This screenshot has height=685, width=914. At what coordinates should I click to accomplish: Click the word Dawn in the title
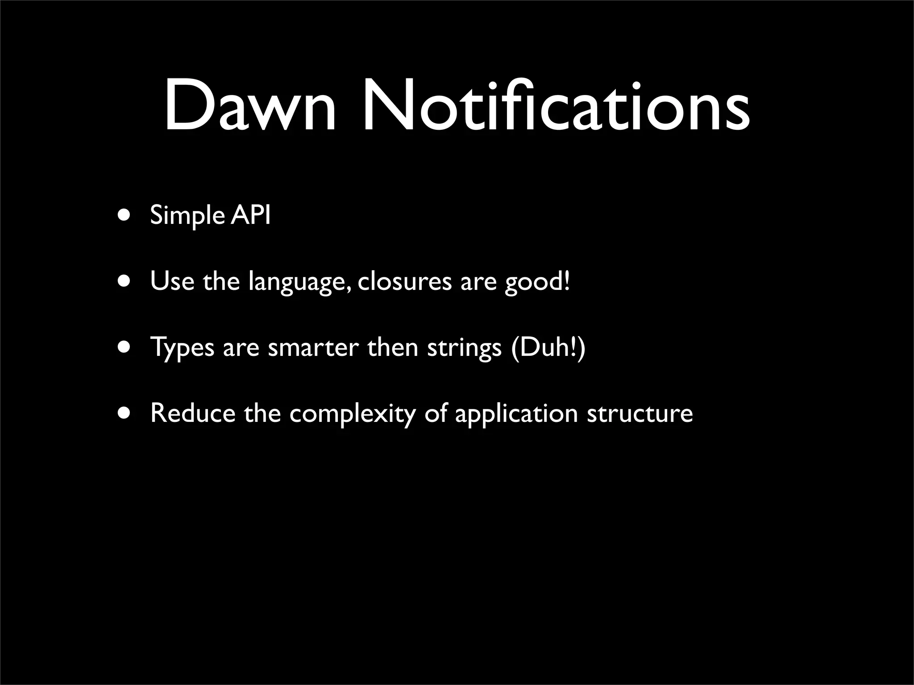click(249, 107)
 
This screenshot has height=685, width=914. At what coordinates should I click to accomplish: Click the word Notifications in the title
click(555, 107)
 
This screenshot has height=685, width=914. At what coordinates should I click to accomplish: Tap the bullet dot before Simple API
click(125, 215)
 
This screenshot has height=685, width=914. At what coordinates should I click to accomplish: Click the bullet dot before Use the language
click(125, 281)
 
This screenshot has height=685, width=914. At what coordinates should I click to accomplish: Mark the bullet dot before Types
click(125, 347)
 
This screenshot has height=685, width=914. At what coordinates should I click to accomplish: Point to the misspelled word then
click(393, 347)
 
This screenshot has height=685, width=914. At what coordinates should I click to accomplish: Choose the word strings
click(465, 348)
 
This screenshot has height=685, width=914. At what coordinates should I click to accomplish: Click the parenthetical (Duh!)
click(548, 347)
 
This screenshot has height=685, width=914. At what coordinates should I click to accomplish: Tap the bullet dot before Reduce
click(125, 413)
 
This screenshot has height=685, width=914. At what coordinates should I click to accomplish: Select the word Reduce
click(193, 413)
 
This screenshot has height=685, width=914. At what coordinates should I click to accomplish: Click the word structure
click(640, 413)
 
